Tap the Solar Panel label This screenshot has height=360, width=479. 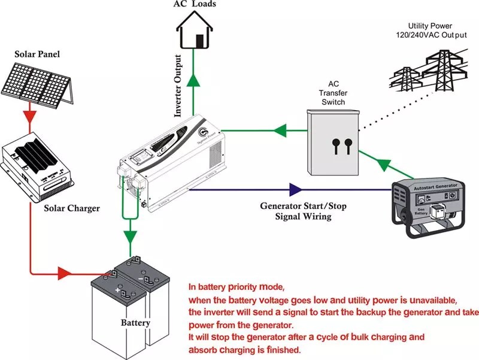(x=37, y=55)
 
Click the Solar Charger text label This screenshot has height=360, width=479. (x=72, y=208)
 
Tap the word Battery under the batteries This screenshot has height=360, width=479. (x=135, y=323)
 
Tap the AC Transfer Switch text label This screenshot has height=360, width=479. (x=333, y=93)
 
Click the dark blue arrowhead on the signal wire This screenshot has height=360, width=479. (x=295, y=190)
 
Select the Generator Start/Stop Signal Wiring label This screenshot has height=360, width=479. (x=304, y=211)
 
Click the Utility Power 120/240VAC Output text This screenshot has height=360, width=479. (x=435, y=32)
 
